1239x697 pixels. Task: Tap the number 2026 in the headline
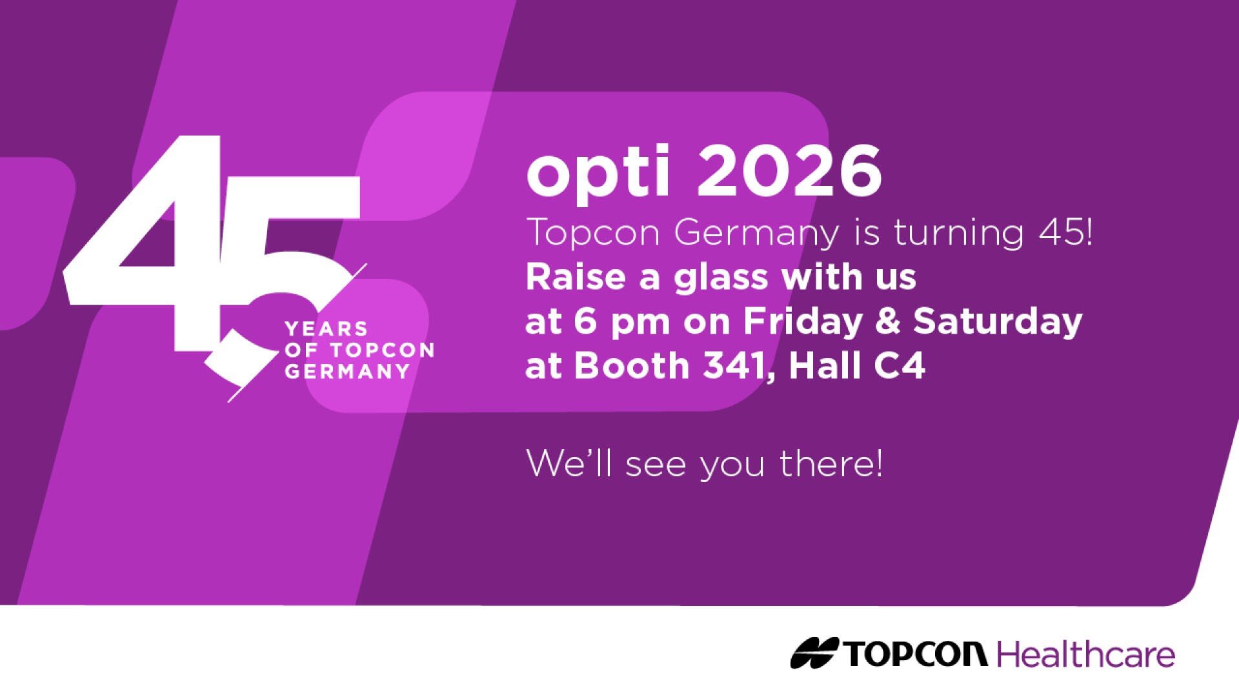point(789,172)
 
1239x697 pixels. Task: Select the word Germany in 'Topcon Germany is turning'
point(757,233)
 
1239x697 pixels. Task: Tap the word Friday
point(803,321)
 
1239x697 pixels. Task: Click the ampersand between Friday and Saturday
point(887,321)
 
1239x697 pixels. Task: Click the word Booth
point(632,366)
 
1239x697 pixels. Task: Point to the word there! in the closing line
point(831,463)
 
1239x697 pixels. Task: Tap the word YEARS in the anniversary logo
point(326,329)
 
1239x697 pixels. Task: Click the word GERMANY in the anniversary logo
point(347,372)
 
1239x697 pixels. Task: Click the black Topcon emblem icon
point(814,653)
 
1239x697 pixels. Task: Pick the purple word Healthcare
point(1086,654)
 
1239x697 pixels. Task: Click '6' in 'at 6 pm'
point(585,321)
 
